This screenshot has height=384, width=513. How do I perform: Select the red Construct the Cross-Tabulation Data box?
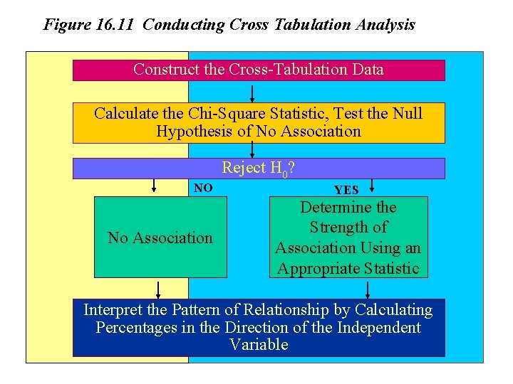click(x=259, y=70)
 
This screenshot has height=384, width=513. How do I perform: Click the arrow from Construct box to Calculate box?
click(x=252, y=93)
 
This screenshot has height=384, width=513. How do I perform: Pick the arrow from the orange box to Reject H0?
click(x=252, y=150)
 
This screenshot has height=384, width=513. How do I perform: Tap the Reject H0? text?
click(x=259, y=168)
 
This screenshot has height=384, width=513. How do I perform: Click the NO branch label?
click(x=203, y=188)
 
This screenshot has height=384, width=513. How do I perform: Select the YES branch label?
click(x=346, y=190)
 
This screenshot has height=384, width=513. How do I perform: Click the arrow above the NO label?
click(x=153, y=186)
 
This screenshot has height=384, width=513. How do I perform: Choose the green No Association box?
click(x=160, y=238)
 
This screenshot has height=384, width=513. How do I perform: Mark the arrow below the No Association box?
click(x=159, y=289)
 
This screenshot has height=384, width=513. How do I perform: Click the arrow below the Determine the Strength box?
click(x=368, y=289)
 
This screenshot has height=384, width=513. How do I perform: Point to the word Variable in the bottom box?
click(x=259, y=345)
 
